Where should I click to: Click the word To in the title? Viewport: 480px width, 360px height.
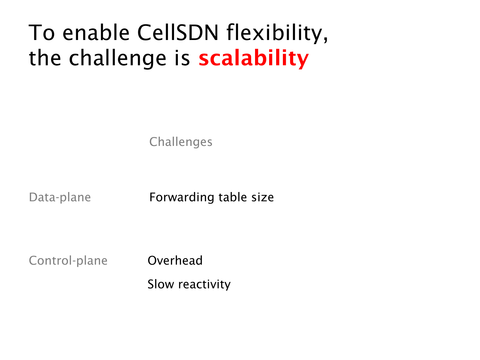pos(42,33)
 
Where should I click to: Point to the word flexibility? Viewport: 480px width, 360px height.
pos(274,34)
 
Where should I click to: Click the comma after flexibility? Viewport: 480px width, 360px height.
pos(326,39)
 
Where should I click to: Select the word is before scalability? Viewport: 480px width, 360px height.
pos(182,58)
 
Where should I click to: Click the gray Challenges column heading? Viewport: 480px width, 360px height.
pos(180,142)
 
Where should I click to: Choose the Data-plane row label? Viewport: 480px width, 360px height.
pos(60,197)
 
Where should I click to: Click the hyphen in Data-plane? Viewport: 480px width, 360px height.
pos(58,198)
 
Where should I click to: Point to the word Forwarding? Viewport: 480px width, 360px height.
pos(182,197)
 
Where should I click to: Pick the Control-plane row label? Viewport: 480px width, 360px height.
pos(68,260)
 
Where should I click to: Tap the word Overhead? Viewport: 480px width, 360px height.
pos(175,260)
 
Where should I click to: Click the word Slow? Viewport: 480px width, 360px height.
pos(161,284)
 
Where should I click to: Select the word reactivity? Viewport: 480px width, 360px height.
pos(204,284)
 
